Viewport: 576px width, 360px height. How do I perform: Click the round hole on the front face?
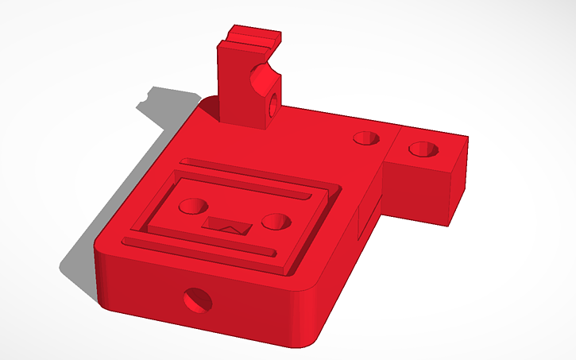198,300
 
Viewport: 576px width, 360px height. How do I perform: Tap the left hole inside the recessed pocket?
191,205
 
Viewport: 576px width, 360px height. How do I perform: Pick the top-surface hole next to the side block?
366,137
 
